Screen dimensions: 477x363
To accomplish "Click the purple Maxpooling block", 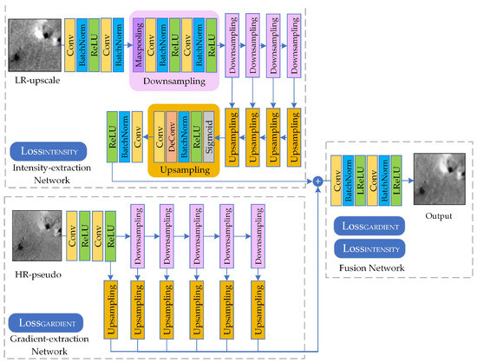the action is pos(139,45).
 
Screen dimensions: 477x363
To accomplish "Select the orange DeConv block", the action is pos(171,136).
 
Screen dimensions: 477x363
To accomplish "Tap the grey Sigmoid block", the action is pos(209,136).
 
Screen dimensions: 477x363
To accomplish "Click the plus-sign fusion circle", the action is pos(317,181).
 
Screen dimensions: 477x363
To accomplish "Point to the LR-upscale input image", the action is pos(35,45).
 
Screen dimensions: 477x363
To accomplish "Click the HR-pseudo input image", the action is pos(36,235).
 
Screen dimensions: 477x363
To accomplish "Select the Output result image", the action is pos(440,179).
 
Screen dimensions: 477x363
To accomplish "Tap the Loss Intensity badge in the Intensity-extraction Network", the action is pos(49,151).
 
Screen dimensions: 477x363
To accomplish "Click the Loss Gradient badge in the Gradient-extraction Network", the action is pos(46,323).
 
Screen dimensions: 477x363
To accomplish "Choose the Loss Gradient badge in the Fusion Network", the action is pos(369,226).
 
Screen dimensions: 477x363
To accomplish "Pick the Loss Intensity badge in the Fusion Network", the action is pos(369,248).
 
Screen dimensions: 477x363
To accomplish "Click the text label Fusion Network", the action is pos(371,268).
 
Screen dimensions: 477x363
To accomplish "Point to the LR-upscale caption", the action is pos(37,81).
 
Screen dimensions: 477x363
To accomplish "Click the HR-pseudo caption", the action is pos(38,274).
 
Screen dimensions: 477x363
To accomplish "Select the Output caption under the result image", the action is pos(438,216).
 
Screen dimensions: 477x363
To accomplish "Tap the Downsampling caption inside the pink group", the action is pos(174,82).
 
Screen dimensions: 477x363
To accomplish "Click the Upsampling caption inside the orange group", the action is pos(185,170).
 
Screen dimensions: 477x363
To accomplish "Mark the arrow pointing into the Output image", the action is pos(408,181).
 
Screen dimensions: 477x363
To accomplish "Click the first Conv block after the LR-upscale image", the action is pos(69,45).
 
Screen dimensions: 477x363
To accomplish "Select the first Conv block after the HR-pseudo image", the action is pos(72,236).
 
